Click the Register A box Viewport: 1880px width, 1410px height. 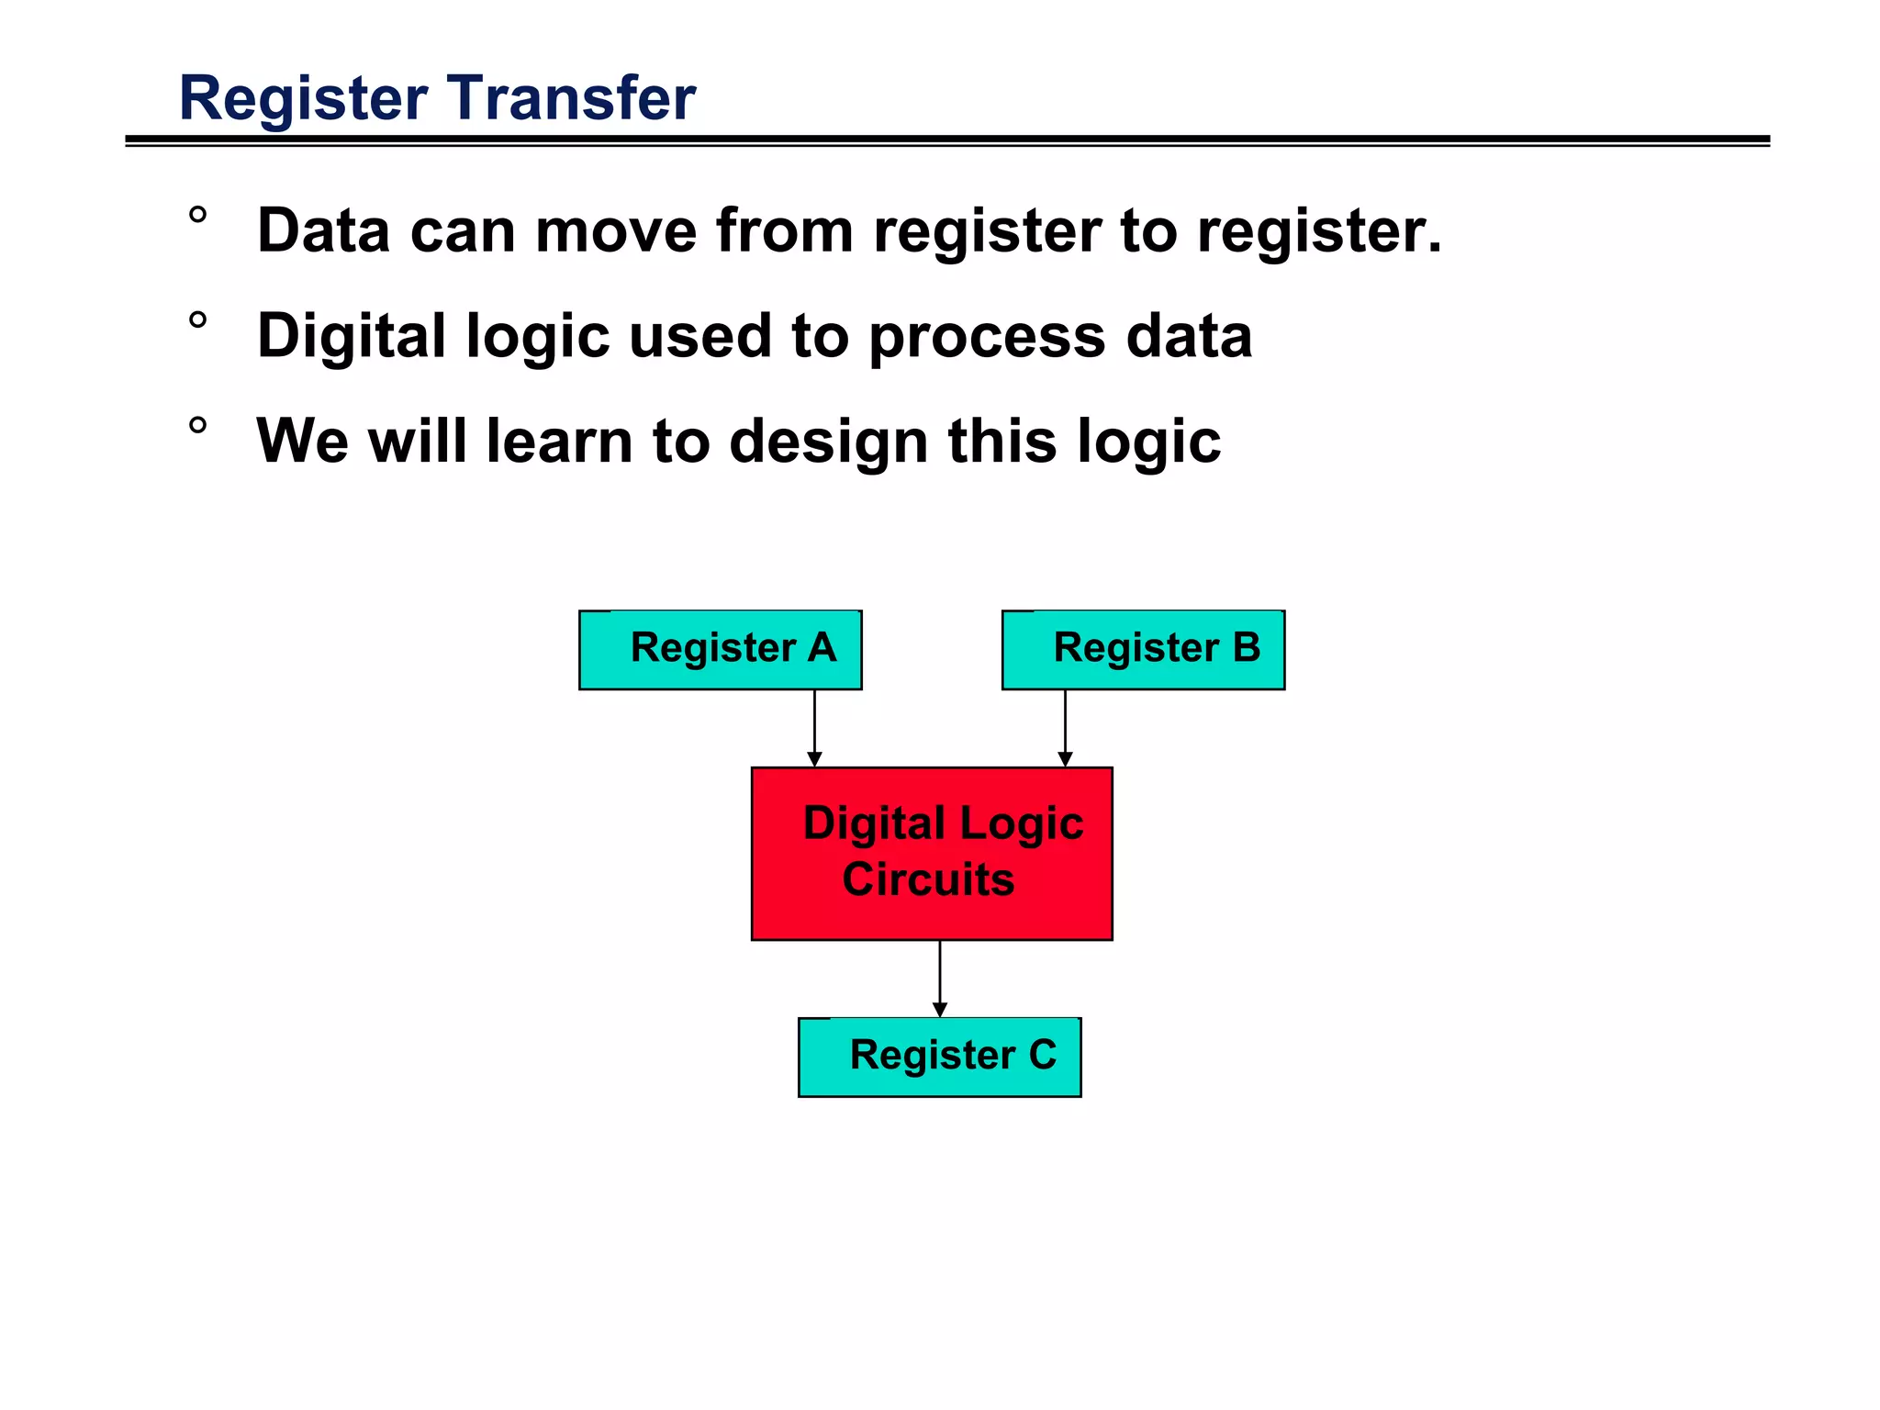pos(720,650)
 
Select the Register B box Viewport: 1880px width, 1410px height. pos(1143,650)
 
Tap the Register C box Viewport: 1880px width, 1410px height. pos(939,1057)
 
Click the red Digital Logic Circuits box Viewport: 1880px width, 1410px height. pos(932,854)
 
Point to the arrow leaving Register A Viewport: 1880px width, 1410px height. pos(814,728)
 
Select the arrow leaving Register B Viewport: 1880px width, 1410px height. pos(1065,728)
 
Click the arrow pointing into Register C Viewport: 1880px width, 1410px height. pos(939,979)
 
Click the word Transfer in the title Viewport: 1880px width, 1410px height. pos(572,98)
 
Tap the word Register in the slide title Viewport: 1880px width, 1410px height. pos(304,98)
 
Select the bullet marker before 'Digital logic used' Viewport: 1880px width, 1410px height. pos(197,321)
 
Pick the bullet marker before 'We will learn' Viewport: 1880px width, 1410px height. pos(197,426)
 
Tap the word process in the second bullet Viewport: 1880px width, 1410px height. pos(987,337)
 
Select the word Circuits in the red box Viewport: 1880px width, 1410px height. pos(928,879)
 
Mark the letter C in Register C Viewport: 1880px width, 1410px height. pos(1042,1054)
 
